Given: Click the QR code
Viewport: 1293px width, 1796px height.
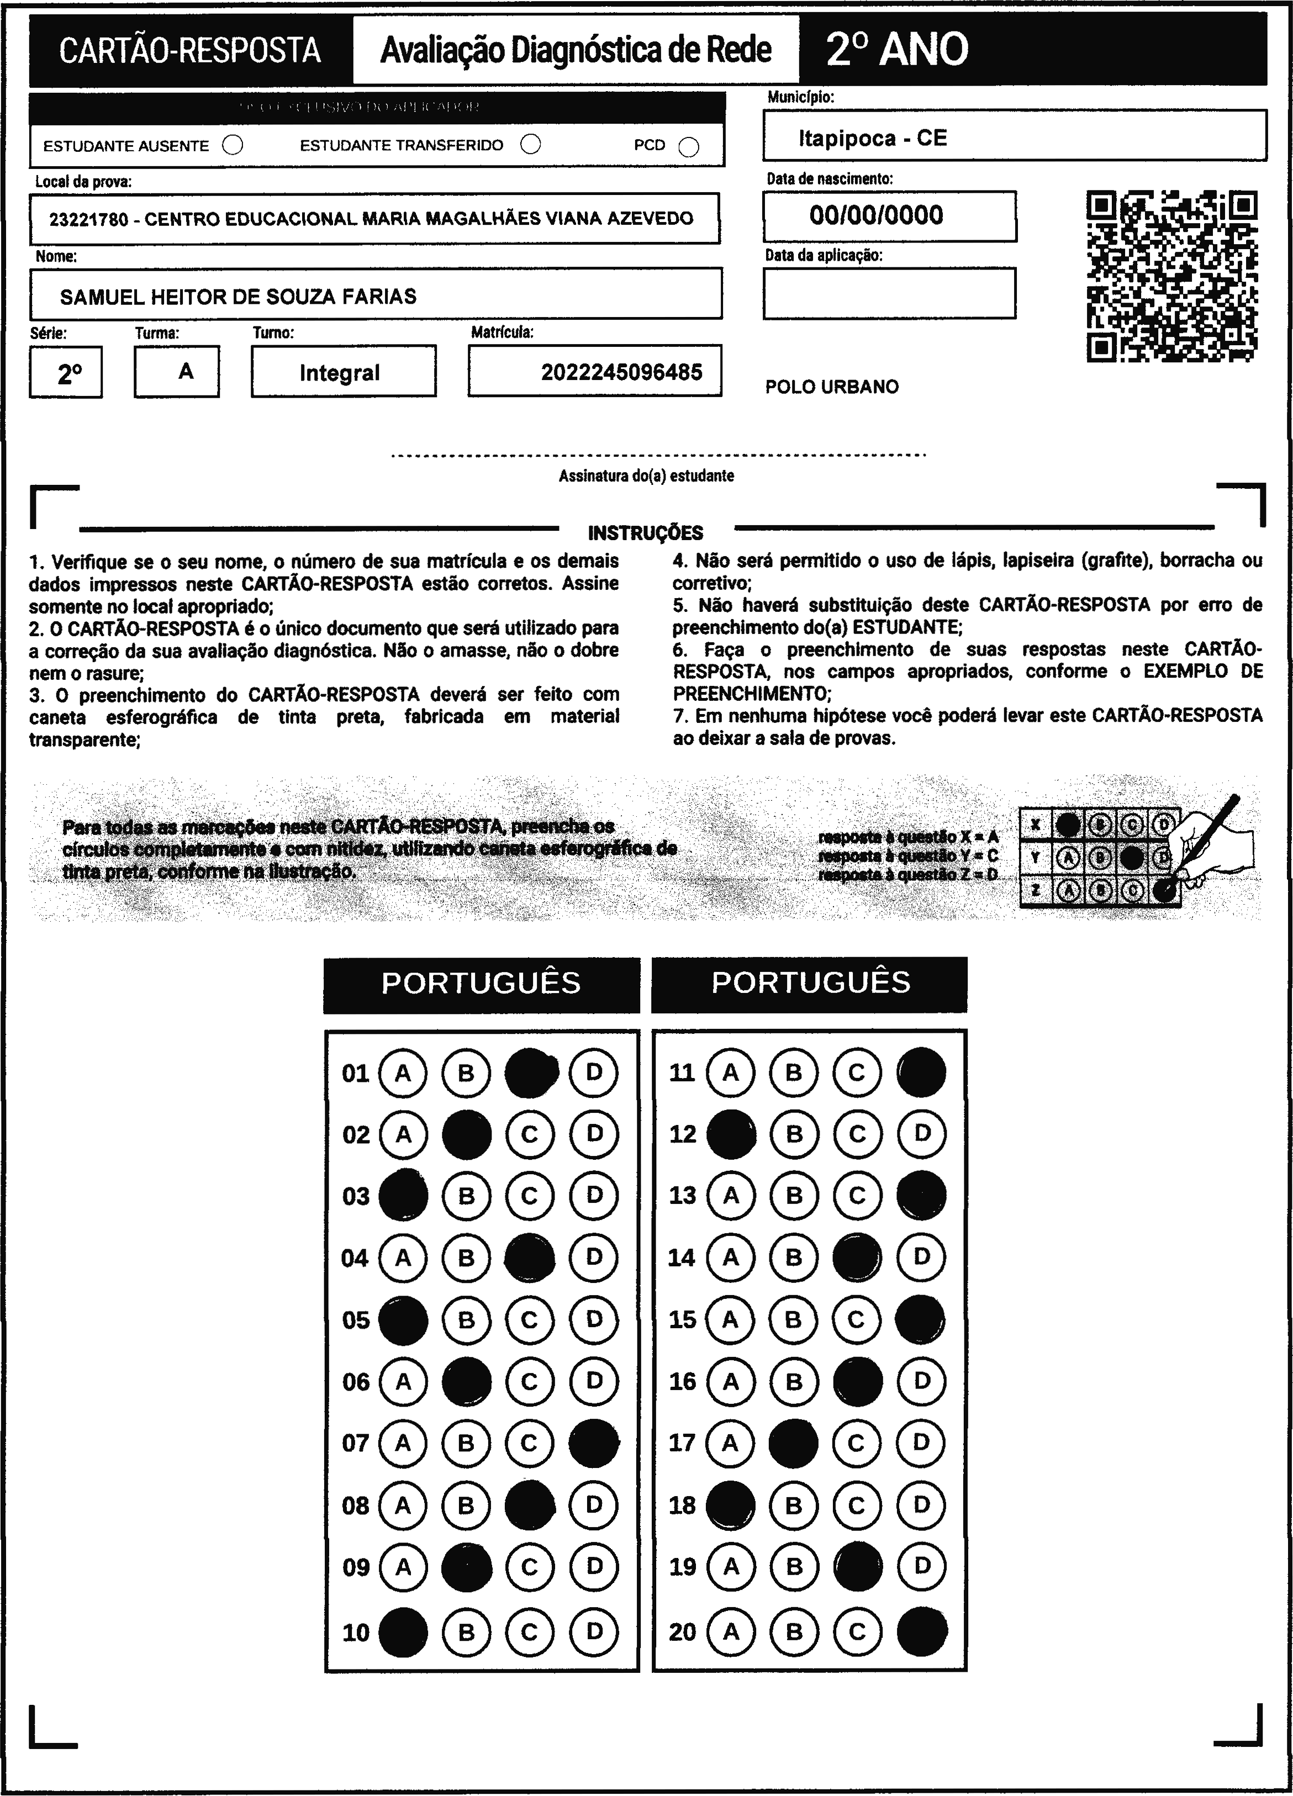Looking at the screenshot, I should [1172, 276].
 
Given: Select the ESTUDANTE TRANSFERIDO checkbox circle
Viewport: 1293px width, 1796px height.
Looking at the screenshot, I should [530, 144].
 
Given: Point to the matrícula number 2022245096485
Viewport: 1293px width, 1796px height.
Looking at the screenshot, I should [621, 372].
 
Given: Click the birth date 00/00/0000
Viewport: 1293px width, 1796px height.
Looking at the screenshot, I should [876, 215].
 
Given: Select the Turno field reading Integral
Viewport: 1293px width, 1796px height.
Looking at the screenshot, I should [340, 372].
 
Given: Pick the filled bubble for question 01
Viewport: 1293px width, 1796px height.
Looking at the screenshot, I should [530, 1073].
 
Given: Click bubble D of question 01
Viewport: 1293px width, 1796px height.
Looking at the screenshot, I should [594, 1073].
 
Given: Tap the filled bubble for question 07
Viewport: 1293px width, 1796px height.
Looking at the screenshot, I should [594, 1443].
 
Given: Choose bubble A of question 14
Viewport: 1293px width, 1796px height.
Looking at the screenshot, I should [730, 1258].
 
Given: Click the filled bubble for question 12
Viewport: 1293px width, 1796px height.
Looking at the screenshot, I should [730, 1134].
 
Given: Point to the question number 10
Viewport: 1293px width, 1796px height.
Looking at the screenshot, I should [356, 1632].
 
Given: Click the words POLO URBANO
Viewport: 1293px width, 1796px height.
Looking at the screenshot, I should [831, 387].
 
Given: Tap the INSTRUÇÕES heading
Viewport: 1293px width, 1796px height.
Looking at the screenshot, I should [645, 533].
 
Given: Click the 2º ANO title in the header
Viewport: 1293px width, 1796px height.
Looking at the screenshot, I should [896, 49].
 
